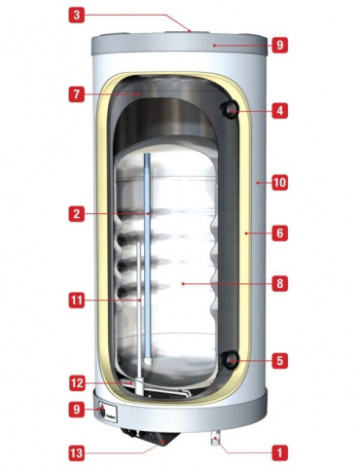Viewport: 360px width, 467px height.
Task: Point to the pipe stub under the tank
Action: [x=216, y=439]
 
